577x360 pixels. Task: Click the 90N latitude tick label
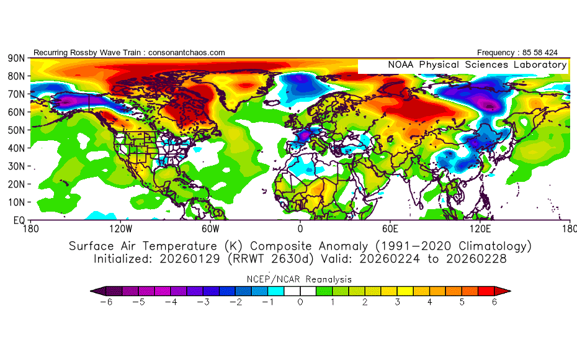(16, 58)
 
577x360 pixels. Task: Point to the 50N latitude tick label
(16, 130)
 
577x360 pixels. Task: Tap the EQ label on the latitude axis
(19, 220)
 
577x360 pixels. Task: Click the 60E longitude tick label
(391, 228)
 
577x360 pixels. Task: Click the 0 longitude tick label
(300, 228)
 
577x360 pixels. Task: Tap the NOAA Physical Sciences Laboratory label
(476, 65)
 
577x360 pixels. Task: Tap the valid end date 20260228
(477, 259)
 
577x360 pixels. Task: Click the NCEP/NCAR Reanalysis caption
(300, 279)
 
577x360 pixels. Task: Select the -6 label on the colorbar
(107, 302)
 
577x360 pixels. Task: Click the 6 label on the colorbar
(494, 302)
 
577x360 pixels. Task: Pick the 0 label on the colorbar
(300, 302)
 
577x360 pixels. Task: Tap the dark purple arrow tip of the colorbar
(95, 290)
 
